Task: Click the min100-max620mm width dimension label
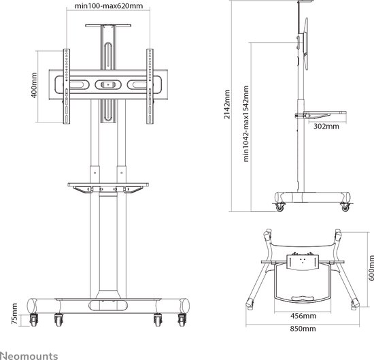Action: pyautogui.click(x=109, y=6)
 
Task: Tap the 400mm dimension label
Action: pyautogui.click(x=34, y=85)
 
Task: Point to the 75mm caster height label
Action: pyautogui.click(x=14, y=314)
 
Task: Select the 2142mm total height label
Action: pyautogui.click(x=227, y=104)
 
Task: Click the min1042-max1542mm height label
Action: pyautogui.click(x=246, y=124)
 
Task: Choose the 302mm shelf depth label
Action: pyautogui.click(x=326, y=127)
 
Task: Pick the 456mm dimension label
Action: pyautogui.click(x=303, y=316)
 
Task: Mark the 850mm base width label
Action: pyautogui.click(x=303, y=329)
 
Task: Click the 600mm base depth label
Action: pyautogui.click(x=371, y=268)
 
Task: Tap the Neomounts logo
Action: pyautogui.click(x=29, y=356)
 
